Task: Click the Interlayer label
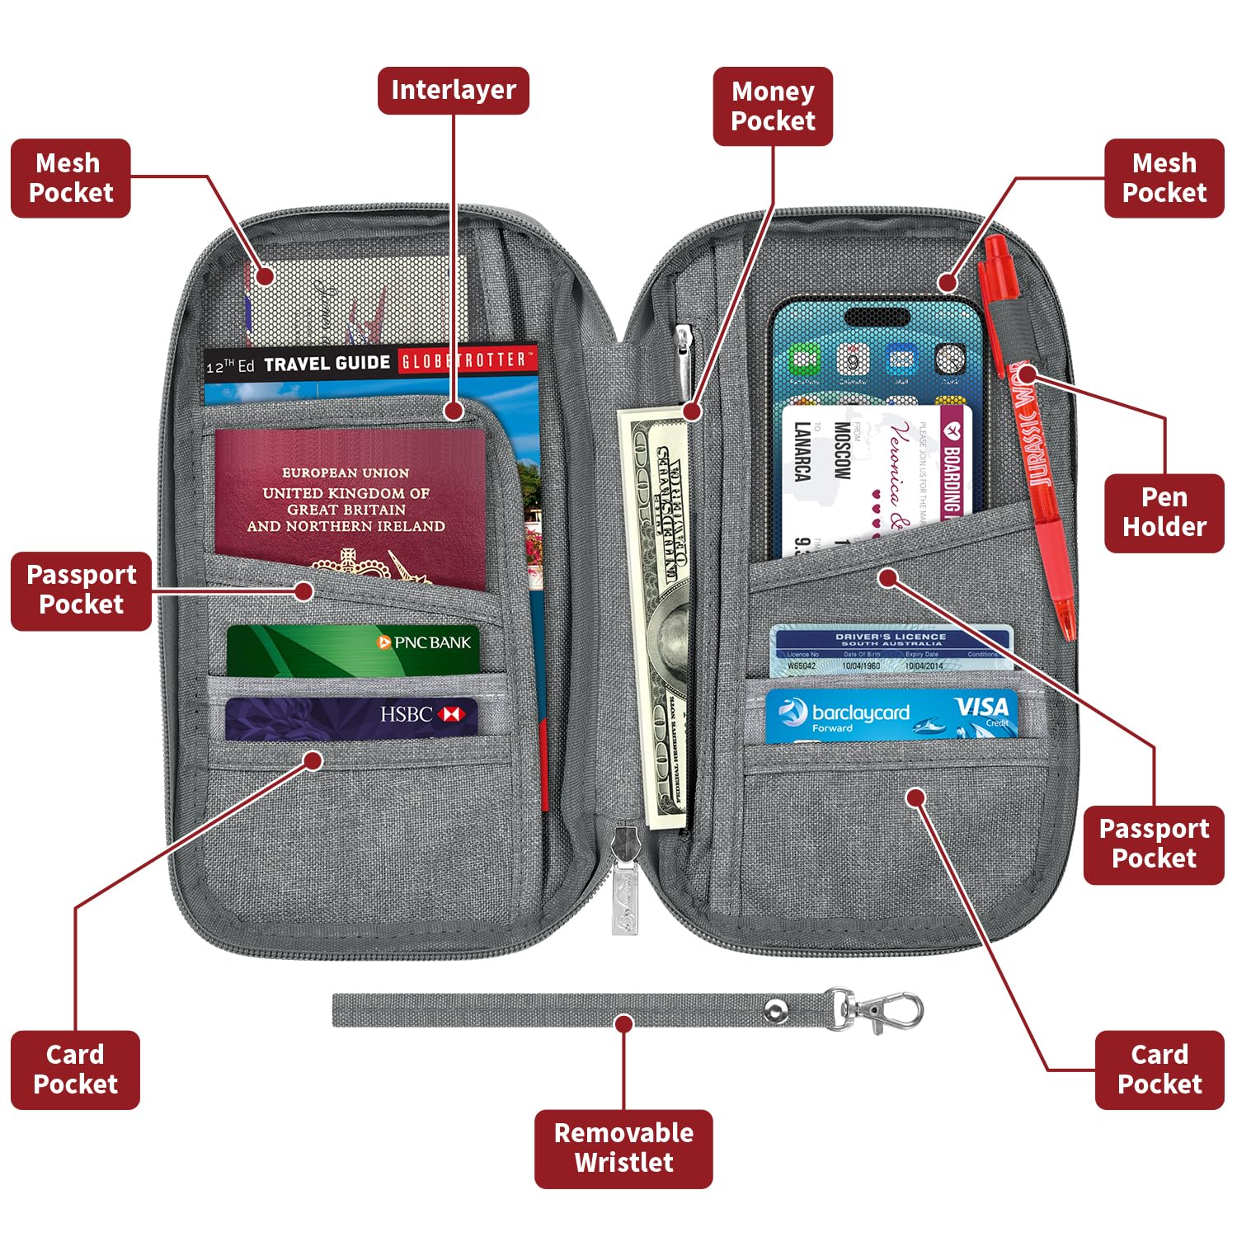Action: pyautogui.click(x=453, y=90)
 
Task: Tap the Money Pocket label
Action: pyautogui.click(x=773, y=106)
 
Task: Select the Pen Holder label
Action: pyautogui.click(x=1164, y=512)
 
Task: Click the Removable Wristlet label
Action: pyautogui.click(x=623, y=1148)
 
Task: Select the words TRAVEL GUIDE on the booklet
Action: pyautogui.click(x=327, y=364)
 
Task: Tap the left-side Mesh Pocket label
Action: pyautogui.click(x=71, y=178)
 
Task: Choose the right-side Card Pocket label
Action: pyautogui.click(x=1159, y=1070)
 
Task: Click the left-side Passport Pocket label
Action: pyautogui.click(x=81, y=590)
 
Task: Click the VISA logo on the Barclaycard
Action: pyautogui.click(x=981, y=708)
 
